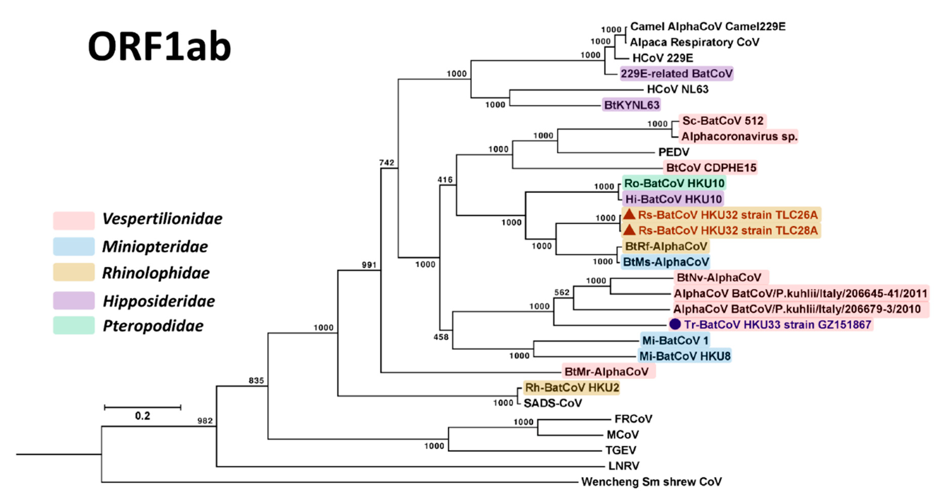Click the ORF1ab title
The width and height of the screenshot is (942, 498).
pos(159,47)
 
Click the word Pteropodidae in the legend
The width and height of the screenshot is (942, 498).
pos(153,326)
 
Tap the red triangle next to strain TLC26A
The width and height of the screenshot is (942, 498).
pos(629,214)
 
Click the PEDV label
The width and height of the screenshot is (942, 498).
pos(674,152)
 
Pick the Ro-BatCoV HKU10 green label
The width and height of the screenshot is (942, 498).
pos(674,183)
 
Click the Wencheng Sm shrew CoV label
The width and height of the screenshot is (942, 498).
pos(651,481)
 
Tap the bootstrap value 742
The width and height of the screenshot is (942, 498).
pos(386,163)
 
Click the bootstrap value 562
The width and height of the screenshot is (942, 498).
pos(562,292)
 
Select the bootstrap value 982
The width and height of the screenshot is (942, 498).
pos(205,421)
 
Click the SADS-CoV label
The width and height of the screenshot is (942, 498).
pos(553,403)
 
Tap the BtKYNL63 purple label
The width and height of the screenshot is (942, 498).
pos(631,105)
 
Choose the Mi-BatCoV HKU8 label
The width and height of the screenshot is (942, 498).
pos(685,356)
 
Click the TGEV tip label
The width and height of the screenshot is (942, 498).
pos(621,450)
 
